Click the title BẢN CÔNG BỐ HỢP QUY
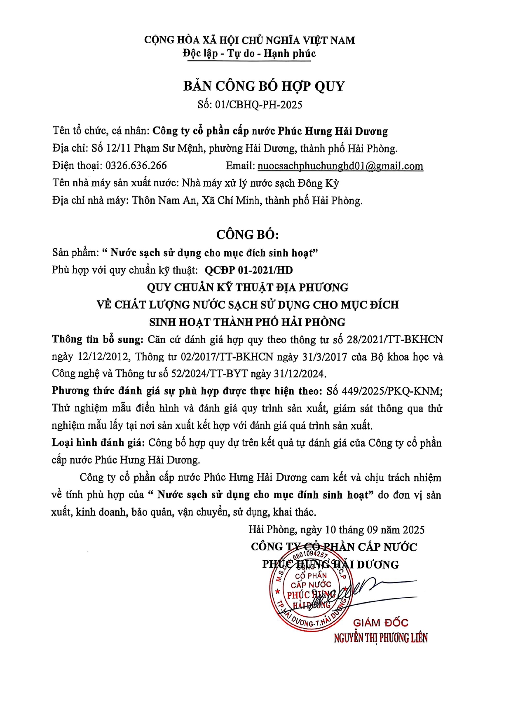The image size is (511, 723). pyautogui.click(x=264, y=86)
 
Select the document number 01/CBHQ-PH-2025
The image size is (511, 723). pyautogui.click(x=258, y=105)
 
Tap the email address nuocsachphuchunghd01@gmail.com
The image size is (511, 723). pyautogui.click(x=340, y=166)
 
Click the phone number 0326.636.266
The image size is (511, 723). pyautogui.click(x=136, y=166)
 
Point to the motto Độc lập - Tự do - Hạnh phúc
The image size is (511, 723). pyautogui.click(x=249, y=54)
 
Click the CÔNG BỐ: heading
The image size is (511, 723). pyautogui.click(x=248, y=235)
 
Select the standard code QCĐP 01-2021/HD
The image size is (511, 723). pyautogui.click(x=248, y=270)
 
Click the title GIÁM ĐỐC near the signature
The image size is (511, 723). pyautogui.click(x=380, y=623)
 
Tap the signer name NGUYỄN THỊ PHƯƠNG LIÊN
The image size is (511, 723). pyautogui.click(x=380, y=638)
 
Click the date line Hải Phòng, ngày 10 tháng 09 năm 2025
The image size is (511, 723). pyautogui.click(x=336, y=530)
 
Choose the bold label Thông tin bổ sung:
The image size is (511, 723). pyautogui.click(x=97, y=339)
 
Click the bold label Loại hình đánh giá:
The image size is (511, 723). pyautogui.click(x=98, y=443)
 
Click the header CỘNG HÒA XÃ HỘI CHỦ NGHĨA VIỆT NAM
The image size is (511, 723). pyautogui.click(x=249, y=40)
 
